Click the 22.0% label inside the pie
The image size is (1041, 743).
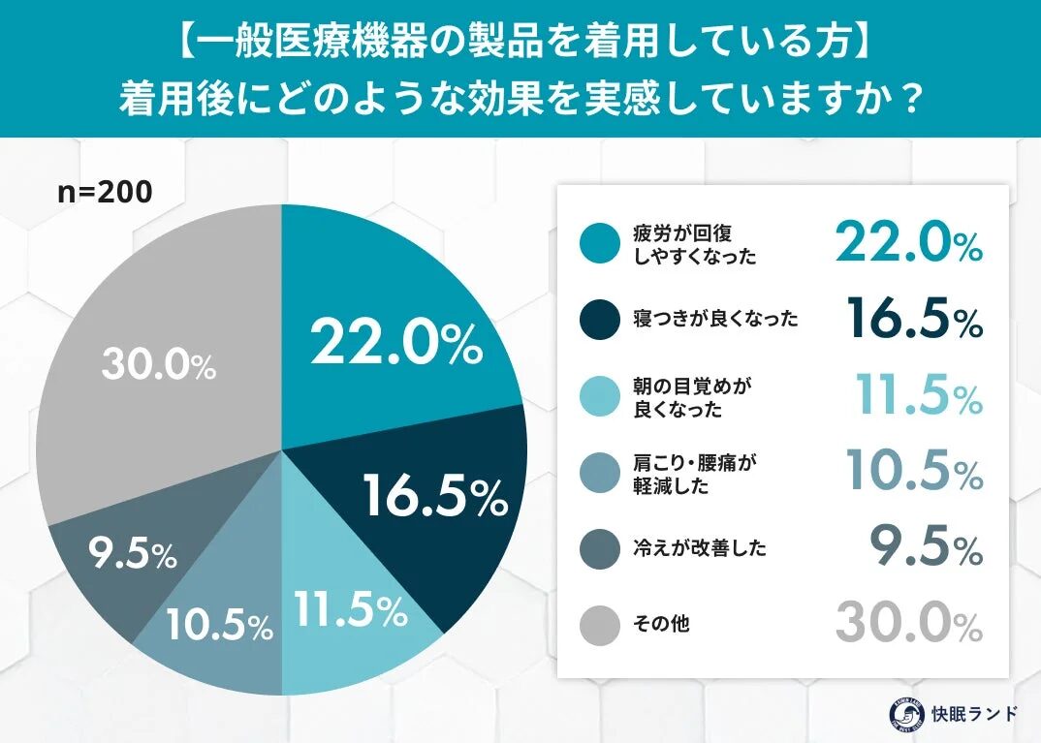(x=395, y=344)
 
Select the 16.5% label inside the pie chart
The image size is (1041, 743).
(x=436, y=497)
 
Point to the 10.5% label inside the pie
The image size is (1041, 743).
(x=218, y=627)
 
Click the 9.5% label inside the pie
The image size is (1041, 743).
(x=132, y=554)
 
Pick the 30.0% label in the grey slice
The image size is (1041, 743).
(x=158, y=366)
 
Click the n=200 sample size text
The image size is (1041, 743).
(x=105, y=193)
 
